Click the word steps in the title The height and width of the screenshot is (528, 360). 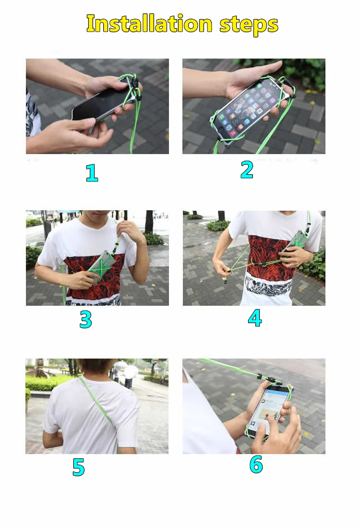pyautogui.click(x=249, y=25)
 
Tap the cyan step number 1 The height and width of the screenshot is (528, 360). pyautogui.click(x=92, y=173)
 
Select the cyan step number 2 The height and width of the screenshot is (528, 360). pyautogui.click(x=247, y=170)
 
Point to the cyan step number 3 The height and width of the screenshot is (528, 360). pyautogui.click(x=85, y=319)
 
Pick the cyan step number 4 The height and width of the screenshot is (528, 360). pyautogui.click(x=255, y=318)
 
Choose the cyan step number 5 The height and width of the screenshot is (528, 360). pyautogui.click(x=78, y=467)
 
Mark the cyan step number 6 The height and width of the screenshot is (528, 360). pyautogui.click(x=256, y=464)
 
